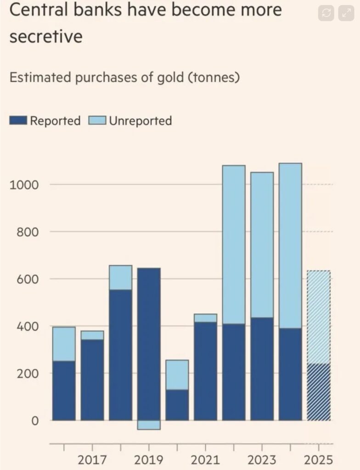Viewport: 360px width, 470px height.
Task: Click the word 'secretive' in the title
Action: (45, 37)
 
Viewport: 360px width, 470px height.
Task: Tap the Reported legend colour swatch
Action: (19, 121)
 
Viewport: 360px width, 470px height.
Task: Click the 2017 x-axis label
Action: (92, 459)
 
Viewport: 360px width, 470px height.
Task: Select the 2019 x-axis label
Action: (149, 459)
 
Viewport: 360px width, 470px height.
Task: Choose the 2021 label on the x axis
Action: (205, 459)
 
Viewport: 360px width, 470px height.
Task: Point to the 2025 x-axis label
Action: (319, 459)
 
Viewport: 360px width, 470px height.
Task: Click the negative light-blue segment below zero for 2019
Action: (149, 425)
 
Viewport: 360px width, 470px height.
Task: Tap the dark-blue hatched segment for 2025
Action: (319, 392)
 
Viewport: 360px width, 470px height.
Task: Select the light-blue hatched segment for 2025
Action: (319, 317)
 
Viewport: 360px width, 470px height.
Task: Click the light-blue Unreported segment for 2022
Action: (234, 244)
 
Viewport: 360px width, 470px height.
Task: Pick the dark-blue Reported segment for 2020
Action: (177, 405)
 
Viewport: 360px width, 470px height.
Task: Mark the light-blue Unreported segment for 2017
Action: (92, 335)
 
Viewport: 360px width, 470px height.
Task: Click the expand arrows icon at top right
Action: (346, 13)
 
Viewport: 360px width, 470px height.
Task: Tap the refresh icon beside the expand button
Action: (326, 13)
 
